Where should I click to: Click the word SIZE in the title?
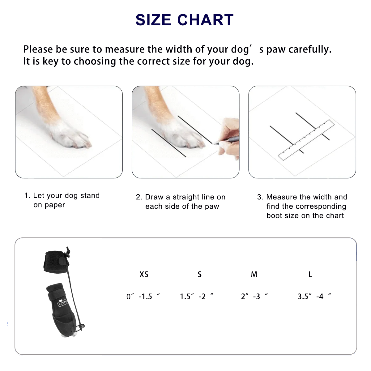(153, 20)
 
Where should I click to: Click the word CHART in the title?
(205, 20)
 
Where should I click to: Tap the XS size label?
(144, 274)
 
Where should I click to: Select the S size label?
(199, 274)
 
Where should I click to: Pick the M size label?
(254, 274)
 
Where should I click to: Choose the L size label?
(310, 274)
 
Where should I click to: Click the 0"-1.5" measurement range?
(143, 296)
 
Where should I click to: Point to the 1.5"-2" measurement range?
(196, 296)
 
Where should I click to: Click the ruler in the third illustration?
(306, 140)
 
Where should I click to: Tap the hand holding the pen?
(229, 138)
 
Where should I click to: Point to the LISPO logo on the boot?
(63, 302)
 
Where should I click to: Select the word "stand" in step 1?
(90, 195)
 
